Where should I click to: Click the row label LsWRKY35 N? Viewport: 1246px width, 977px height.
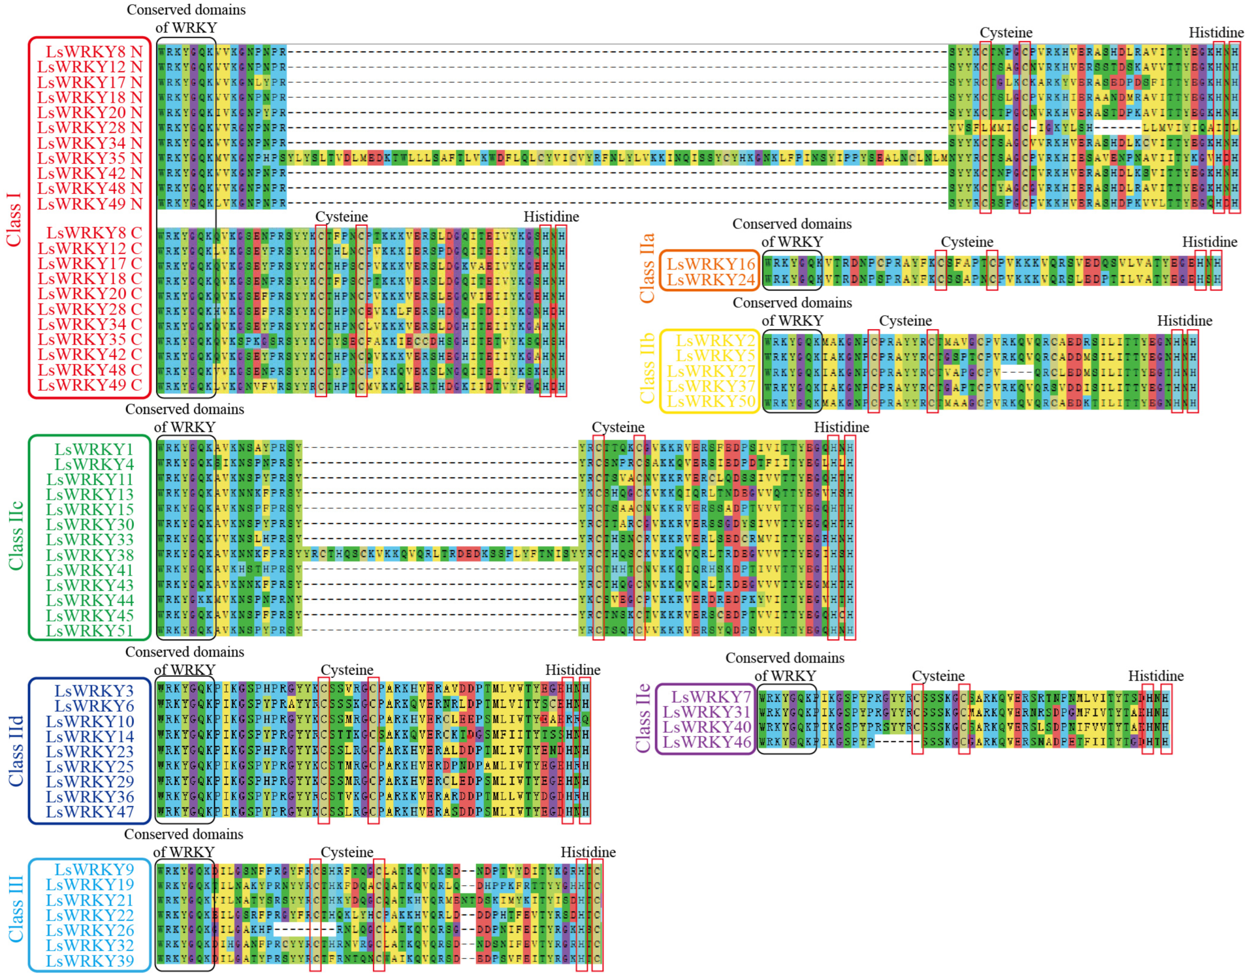[x=90, y=158]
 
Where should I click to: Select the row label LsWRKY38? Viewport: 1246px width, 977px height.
[x=90, y=555]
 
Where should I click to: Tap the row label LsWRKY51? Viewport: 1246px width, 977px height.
[x=90, y=631]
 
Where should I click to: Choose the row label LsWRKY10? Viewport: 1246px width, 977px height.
[x=90, y=722]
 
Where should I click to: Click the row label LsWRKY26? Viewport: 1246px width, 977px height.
[x=90, y=930]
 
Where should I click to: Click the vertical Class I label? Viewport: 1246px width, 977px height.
[x=13, y=219]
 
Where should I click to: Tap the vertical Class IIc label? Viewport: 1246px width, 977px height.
[x=16, y=536]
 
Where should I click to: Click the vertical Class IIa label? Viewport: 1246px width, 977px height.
[x=646, y=268]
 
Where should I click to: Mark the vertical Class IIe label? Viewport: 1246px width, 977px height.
[x=643, y=718]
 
